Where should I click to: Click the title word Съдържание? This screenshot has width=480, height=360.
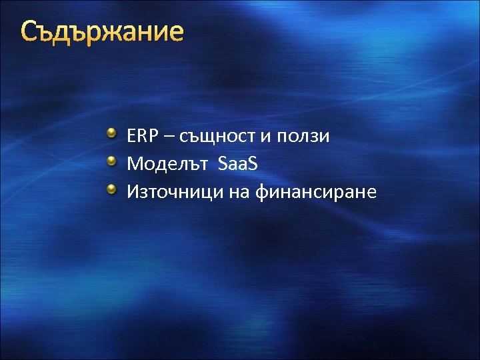(x=101, y=31)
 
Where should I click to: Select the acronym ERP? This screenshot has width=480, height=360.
(x=141, y=136)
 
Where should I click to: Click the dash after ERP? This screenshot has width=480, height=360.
(x=166, y=137)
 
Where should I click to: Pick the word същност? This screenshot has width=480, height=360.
(x=215, y=137)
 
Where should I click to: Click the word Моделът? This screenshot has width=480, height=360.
(x=167, y=164)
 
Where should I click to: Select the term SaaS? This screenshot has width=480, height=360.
(x=237, y=164)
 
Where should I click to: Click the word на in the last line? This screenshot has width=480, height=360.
(x=243, y=193)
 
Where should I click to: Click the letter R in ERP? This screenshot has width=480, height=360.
(x=141, y=136)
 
